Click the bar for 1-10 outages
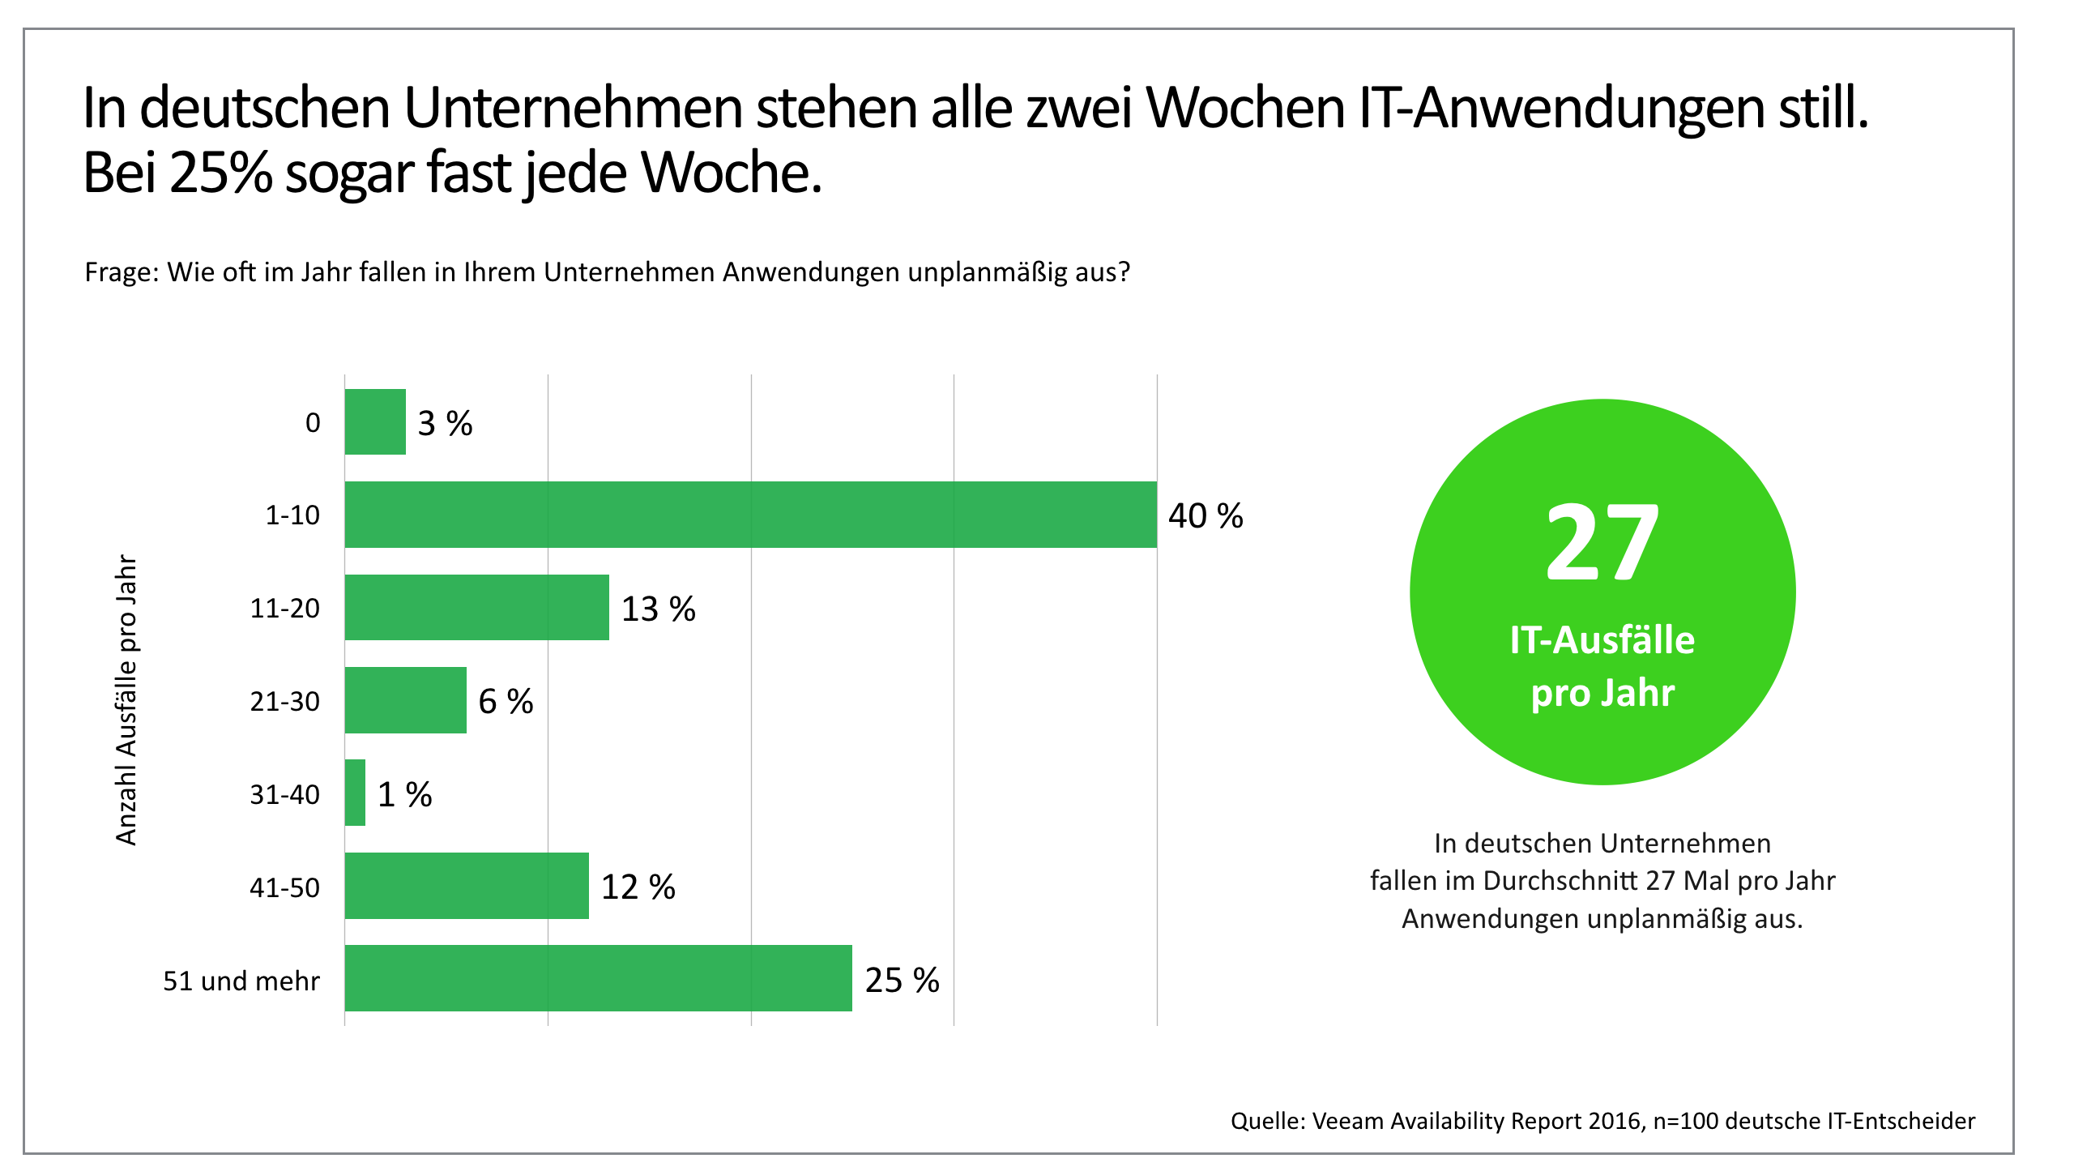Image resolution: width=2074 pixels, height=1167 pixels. point(750,515)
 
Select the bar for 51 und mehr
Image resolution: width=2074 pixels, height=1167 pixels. point(598,978)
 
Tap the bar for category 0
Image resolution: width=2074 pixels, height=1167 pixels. point(375,421)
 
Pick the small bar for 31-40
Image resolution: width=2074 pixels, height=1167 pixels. point(355,793)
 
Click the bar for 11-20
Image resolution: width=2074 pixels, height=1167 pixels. point(476,607)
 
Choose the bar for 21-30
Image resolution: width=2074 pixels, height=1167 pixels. point(405,700)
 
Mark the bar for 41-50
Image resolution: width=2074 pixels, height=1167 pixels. point(467,886)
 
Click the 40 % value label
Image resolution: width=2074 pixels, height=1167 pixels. point(1206,516)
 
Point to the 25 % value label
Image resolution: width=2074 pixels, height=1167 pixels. point(902,981)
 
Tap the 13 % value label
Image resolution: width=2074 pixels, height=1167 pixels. point(658,609)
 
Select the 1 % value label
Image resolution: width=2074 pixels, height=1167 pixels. point(404,795)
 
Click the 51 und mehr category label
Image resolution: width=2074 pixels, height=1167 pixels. point(241,981)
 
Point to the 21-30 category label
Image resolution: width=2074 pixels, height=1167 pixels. point(284,701)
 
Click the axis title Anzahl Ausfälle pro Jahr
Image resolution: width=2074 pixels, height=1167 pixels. point(127,700)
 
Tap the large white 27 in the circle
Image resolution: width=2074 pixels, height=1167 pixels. point(1602,541)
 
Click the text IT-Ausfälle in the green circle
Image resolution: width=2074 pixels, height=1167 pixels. point(1602,640)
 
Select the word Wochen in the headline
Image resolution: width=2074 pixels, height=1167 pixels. point(1244,108)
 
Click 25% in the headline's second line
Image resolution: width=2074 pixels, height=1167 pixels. point(221,173)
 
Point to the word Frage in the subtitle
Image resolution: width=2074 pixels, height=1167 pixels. point(121,272)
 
